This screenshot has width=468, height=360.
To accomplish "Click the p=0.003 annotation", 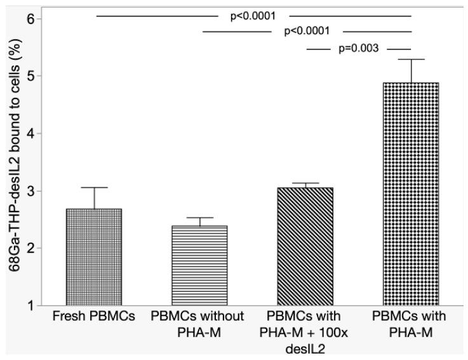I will (359, 49).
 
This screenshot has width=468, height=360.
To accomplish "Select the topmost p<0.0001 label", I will (253, 16).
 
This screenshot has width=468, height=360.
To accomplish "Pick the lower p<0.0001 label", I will (306, 31).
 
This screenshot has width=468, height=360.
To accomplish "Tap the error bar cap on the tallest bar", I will (411, 59).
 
